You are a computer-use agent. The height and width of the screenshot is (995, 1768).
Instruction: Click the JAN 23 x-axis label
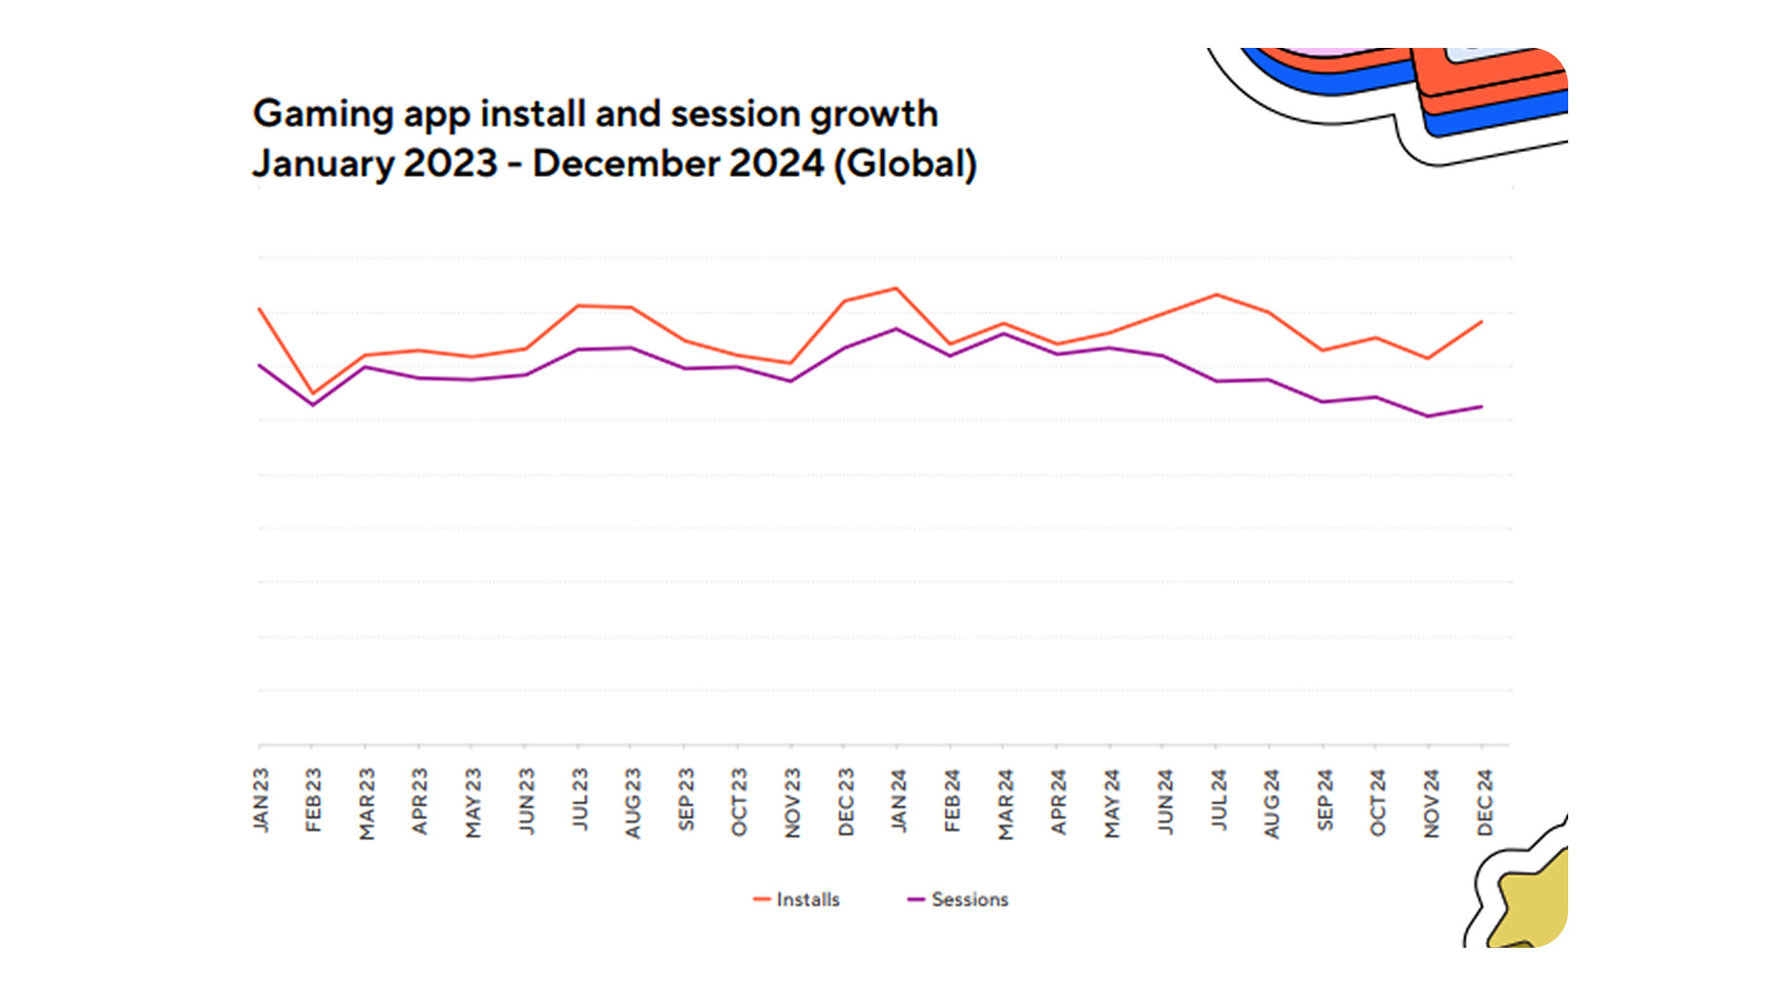click(x=262, y=800)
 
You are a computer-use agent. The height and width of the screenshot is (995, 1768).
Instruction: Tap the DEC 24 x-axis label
click(x=1484, y=802)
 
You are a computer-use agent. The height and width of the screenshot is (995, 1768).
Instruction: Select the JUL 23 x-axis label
click(x=580, y=799)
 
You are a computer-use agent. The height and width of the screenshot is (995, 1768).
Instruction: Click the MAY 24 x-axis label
click(x=1112, y=803)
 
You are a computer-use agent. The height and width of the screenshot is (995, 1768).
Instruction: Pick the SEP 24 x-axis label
click(x=1325, y=800)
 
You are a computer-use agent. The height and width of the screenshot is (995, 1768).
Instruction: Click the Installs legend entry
click(x=797, y=899)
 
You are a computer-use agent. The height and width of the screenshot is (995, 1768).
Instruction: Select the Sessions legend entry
click(x=959, y=899)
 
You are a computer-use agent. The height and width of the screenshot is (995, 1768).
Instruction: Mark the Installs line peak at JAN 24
click(x=897, y=288)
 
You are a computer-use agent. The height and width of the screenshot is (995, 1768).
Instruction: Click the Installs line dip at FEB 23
click(x=314, y=394)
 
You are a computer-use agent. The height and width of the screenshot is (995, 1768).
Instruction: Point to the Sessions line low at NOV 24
click(x=1428, y=416)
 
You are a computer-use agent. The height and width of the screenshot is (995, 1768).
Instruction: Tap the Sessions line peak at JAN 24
click(x=897, y=329)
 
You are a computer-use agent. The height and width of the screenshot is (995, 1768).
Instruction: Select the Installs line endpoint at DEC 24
click(x=1482, y=322)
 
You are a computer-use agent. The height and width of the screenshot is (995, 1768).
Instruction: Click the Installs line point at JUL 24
click(x=1217, y=295)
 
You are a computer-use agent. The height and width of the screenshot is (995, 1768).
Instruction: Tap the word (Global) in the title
click(x=905, y=164)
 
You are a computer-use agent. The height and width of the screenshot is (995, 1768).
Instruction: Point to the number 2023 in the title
click(x=450, y=164)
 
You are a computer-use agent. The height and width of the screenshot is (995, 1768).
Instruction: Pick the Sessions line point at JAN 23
click(x=261, y=366)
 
